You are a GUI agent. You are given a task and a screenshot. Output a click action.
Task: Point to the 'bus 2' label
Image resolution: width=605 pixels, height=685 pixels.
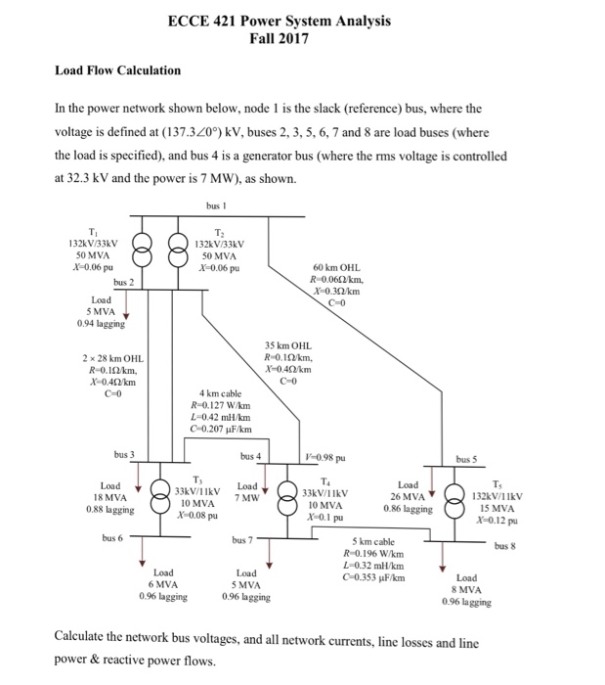click(125, 282)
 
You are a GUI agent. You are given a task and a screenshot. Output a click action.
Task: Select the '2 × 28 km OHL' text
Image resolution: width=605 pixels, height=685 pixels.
click(114, 359)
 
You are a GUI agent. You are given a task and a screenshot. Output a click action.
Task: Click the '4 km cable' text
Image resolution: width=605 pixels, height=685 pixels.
click(217, 394)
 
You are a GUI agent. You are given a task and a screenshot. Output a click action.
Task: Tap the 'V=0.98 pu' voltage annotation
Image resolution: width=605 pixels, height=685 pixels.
click(325, 456)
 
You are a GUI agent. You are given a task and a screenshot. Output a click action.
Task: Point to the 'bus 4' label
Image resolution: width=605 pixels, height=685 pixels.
click(252, 456)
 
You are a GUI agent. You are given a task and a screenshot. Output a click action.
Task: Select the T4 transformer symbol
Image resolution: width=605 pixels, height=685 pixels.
click(289, 499)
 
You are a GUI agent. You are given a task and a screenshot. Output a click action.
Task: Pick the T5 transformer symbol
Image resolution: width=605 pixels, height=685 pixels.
click(458, 499)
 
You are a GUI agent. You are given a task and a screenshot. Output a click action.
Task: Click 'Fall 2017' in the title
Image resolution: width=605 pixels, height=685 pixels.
click(279, 39)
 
